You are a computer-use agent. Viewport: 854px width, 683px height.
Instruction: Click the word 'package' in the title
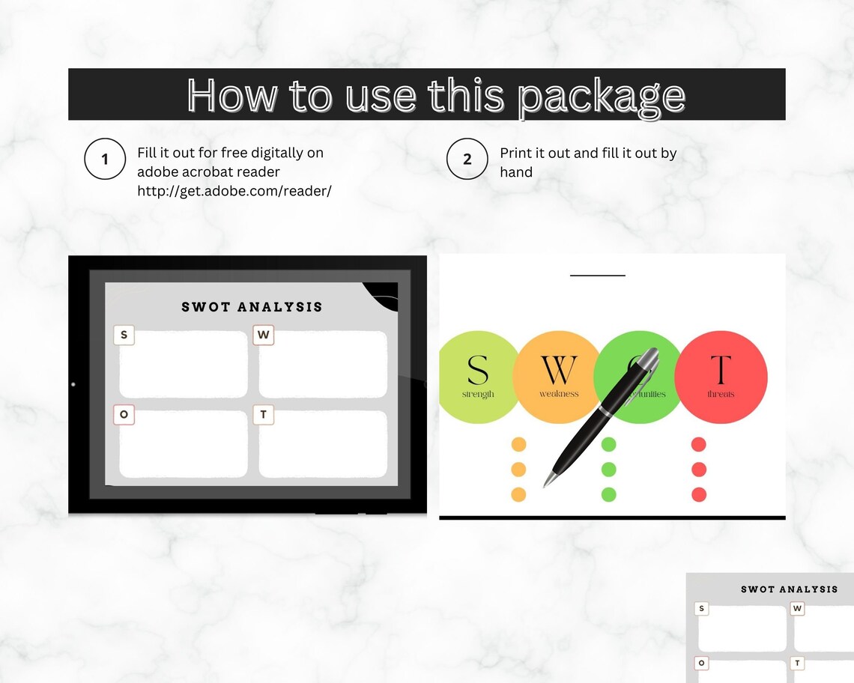(601, 96)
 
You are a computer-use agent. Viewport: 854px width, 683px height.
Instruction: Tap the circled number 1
(104, 159)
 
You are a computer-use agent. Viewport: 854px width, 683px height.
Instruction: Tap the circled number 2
(467, 159)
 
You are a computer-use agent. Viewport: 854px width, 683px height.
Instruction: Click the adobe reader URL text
(234, 191)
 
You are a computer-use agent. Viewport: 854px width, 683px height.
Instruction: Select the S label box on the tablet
(124, 335)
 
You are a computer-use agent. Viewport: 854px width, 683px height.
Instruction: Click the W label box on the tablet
(263, 335)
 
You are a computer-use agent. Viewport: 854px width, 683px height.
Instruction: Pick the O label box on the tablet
(124, 414)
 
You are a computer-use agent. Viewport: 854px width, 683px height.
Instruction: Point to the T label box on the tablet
(263, 414)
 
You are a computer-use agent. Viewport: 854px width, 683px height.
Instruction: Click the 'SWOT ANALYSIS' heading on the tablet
(252, 306)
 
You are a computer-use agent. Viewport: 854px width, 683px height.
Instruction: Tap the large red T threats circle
(721, 377)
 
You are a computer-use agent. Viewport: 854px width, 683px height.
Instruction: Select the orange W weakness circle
(558, 377)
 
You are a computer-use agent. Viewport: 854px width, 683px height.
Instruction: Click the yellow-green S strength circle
(478, 377)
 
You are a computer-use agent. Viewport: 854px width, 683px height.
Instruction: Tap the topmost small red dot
(698, 445)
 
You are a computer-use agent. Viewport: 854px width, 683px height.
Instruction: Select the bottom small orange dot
(518, 494)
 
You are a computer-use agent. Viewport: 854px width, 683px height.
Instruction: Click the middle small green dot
(608, 470)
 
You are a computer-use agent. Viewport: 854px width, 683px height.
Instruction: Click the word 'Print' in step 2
(516, 154)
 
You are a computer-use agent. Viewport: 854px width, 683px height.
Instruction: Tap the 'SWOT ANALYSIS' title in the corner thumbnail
(789, 589)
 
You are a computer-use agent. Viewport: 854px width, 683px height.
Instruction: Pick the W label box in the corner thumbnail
(797, 609)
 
